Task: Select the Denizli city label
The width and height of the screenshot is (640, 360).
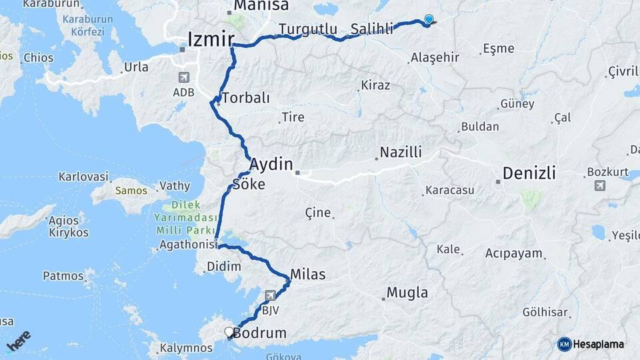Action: click(529, 173)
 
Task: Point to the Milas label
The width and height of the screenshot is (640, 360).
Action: click(307, 274)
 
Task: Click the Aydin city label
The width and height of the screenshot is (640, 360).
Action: click(271, 164)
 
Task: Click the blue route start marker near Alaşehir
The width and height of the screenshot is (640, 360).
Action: click(428, 21)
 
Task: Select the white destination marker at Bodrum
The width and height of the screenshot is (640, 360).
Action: click(229, 331)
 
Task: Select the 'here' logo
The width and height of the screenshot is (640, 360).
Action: click(19, 341)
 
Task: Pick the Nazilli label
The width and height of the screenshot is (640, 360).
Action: click(401, 153)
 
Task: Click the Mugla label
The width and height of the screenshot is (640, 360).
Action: click(407, 293)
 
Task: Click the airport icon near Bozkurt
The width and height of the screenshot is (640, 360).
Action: click(600, 185)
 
